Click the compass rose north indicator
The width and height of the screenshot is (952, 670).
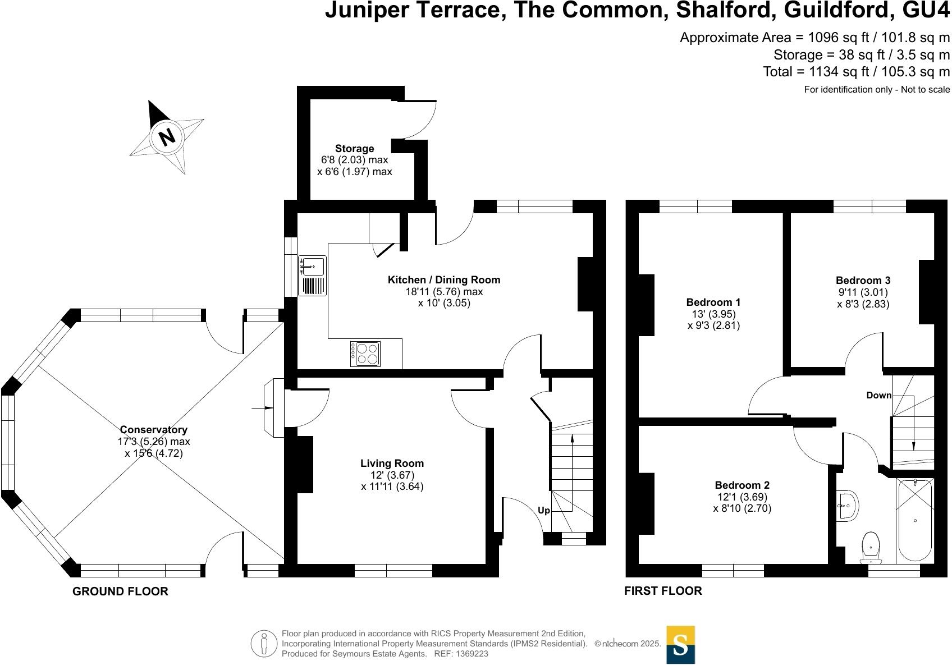(166, 137)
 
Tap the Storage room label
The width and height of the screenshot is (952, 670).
(354, 149)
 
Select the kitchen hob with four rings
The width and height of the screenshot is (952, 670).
(365, 354)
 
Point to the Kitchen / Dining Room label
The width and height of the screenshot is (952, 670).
(443, 279)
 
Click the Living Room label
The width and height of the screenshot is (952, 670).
(392, 464)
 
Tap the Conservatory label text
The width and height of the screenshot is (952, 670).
(153, 430)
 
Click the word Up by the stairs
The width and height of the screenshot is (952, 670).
(544, 511)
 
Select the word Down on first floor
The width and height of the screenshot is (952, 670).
(878, 395)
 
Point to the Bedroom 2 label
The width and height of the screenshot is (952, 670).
(742, 485)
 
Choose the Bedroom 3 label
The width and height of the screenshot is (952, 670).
(863, 281)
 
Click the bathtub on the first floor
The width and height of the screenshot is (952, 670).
(914, 520)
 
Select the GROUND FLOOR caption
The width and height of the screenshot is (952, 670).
(120, 591)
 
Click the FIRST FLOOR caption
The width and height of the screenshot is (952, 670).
(663, 591)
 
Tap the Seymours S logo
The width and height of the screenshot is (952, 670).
(680, 644)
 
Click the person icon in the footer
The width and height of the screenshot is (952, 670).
(264, 644)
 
